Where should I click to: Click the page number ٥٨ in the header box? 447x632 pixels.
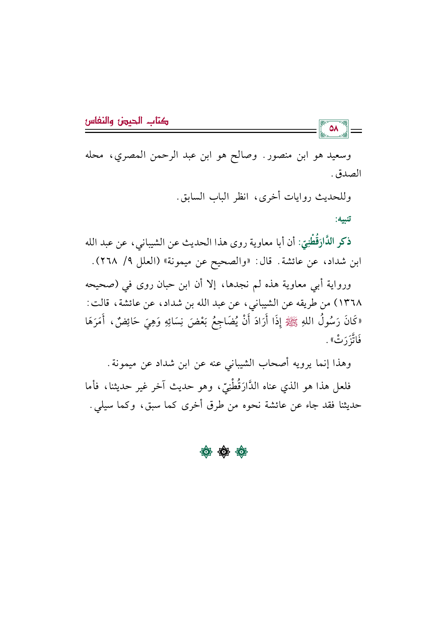pyautogui.click(x=334, y=129)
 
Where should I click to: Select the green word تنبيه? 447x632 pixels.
pyautogui.click(x=343, y=219)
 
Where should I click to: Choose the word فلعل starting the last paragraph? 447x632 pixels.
pyautogui.click(x=341, y=386)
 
